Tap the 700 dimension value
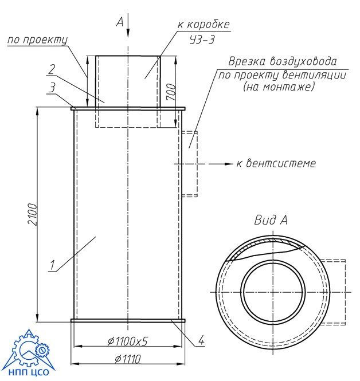click(x=170, y=91)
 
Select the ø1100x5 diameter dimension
click(x=127, y=341)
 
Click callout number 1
click(x=52, y=265)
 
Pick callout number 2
click(x=52, y=70)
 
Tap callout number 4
click(x=201, y=342)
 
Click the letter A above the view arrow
click(x=119, y=22)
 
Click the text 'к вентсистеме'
click(x=276, y=164)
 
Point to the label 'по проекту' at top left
click(x=37, y=40)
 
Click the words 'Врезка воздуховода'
click(x=281, y=61)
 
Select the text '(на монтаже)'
click(x=280, y=87)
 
